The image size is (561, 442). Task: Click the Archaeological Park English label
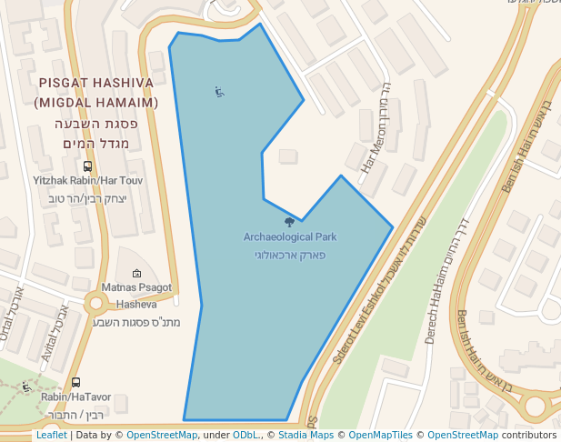[290, 237]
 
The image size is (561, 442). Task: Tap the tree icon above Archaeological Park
[290, 222]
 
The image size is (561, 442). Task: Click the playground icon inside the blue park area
[219, 91]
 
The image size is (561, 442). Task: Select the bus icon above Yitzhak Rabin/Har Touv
[87, 166]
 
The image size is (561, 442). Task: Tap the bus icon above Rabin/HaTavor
[75, 383]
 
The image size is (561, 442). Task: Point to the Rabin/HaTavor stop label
[75, 397]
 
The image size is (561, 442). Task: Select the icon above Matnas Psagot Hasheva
[136, 273]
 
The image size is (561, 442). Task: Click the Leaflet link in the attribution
[51, 436]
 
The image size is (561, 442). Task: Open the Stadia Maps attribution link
[306, 436]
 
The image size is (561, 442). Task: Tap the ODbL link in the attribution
[245, 436]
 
